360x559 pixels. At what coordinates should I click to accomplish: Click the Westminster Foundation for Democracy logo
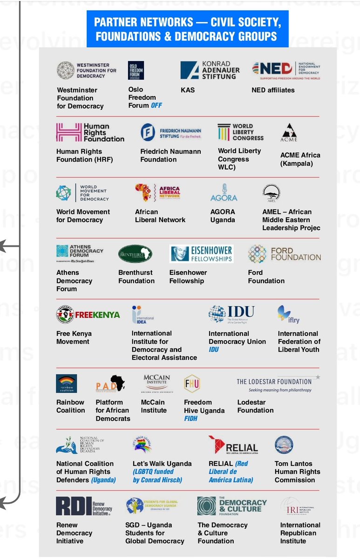[87, 70]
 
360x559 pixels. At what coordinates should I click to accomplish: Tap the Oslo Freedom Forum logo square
[136, 70]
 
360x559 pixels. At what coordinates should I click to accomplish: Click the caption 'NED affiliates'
[273, 90]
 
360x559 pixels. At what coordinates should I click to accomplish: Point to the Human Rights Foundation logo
[90, 132]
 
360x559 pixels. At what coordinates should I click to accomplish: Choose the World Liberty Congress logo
[240, 132]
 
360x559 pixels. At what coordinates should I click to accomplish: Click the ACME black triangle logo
[289, 132]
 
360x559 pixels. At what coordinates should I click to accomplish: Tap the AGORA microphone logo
[224, 192]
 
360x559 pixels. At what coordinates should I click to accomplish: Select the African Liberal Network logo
[157, 192]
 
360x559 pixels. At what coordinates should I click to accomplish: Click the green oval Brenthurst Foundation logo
[135, 254]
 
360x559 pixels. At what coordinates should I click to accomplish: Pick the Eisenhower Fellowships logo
[201, 253]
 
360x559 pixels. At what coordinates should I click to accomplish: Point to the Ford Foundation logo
[284, 254]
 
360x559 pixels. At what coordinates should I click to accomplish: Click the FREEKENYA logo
[88, 314]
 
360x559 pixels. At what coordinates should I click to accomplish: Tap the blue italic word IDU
[214, 349]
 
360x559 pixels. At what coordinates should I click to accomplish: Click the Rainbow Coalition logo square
[66, 383]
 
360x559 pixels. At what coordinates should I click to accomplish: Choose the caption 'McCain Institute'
[154, 406]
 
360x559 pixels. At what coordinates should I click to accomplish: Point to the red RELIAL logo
[233, 445]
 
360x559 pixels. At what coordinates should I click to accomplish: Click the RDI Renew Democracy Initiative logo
[84, 506]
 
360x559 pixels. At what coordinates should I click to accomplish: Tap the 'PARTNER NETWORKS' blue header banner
[187, 29]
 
